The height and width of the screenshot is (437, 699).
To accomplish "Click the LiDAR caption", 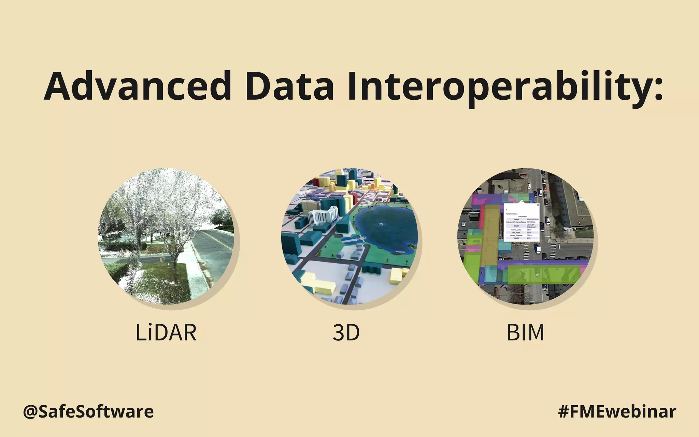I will pyautogui.click(x=166, y=332).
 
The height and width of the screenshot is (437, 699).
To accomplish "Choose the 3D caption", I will pyautogui.click(x=346, y=332).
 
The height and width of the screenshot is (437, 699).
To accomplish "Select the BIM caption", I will pyautogui.click(x=525, y=332).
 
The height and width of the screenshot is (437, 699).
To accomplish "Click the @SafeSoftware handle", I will pyautogui.click(x=88, y=411).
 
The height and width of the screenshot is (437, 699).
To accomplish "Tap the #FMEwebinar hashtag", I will pyautogui.click(x=617, y=411).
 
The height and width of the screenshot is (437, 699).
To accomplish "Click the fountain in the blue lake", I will pyautogui.click(x=381, y=224).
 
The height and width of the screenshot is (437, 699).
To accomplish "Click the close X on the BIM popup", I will pyautogui.click(x=538, y=205).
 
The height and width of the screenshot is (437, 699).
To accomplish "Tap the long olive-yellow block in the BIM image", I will pyautogui.click(x=490, y=236).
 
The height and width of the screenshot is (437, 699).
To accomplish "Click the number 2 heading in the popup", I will pyautogui.click(x=507, y=210).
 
